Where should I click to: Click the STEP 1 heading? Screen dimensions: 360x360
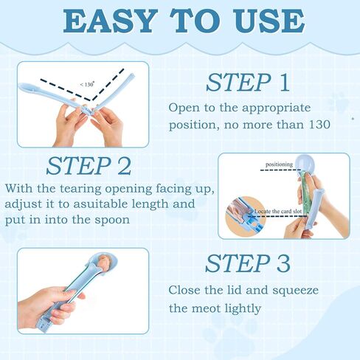(x=248, y=83)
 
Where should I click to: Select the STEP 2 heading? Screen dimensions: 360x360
(x=89, y=166)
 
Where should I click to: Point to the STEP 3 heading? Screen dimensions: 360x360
(x=248, y=263)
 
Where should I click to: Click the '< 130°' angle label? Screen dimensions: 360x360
(x=87, y=85)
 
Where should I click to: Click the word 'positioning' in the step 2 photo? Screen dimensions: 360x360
(x=279, y=165)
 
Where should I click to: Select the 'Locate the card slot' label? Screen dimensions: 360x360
(x=278, y=211)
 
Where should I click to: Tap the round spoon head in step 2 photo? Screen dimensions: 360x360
(x=305, y=163)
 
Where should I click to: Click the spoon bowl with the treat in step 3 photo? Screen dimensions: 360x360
(x=103, y=263)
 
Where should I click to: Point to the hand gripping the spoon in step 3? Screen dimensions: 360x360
(x=51, y=305)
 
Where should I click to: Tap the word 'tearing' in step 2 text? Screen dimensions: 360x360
(x=80, y=190)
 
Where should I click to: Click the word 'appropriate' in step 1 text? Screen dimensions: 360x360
(x=276, y=108)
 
